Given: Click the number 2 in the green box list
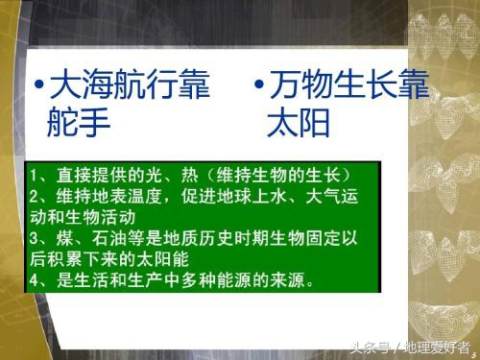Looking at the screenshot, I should [33, 198].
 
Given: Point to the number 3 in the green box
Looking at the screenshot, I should [33, 239].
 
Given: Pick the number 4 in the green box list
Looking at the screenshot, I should [33, 281].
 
